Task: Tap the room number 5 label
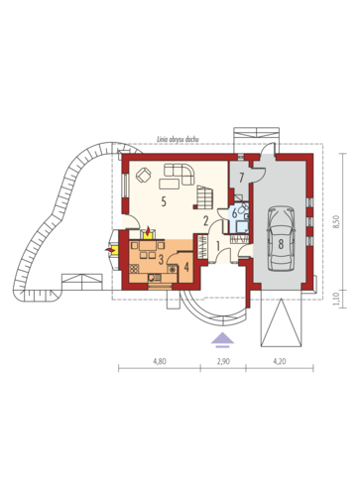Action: tap(163, 201)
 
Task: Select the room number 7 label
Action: tap(241, 178)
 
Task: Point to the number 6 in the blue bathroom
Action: tap(234, 213)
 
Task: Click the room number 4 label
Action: tap(186, 267)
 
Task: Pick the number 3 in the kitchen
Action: tap(161, 260)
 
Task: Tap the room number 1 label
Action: tap(218, 246)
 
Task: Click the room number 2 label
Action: tap(205, 220)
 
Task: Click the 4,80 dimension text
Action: tap(159, 361)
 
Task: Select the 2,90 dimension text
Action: tap(223, 361)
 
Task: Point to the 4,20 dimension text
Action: tap(280, 361)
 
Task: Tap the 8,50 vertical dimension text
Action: tap(336, 221)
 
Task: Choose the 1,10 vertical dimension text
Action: tap(336, 299)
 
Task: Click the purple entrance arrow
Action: tap(222, 339)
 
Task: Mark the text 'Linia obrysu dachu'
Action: tap(179, 140)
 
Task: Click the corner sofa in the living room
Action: tap(180, 175)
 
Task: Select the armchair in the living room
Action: tap(144, 175)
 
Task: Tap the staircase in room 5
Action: tap(205, 197)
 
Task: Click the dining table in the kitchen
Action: tap(149, 246)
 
